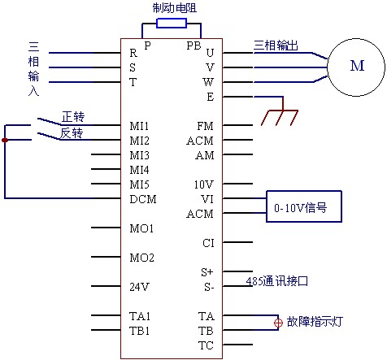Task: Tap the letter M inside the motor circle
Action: pyautogui.click(x=357, y=66)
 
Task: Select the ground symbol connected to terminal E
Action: pyautogui.click(x=280, y=115)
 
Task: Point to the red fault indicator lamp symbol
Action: pyautogui.click(x=278, y=323)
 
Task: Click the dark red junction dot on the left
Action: pyautogui.click(x=5, y=140)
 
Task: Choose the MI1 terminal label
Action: pyautogui.click(x=139, y=126)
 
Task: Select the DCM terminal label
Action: pyautogui.click(x=143, y=199)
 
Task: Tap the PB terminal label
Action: pyautogui.click(x=193, y=46)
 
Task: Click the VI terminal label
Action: pyautogui.click(x=207, y=199)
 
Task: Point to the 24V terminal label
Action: pyautogui.click(x=139, y=287)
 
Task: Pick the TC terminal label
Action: pyautogui.click(x=206, y=345)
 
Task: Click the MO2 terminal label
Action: pyautogui.click(x=141, y=258)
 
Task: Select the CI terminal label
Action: pyautogui.click(x=208, y=243)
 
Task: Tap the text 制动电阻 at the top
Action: pyautogui.click(x=175, y=8)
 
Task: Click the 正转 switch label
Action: pyautogui.click(x=73, y=117)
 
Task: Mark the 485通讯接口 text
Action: pyautogui.click(x=277, y=281)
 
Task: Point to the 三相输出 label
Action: pyautogui.click(x=276, y=46)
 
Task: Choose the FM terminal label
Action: pyautogui.click(x=205, y=126)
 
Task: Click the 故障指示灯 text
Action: pyautogui.click(x=315, y=322)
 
